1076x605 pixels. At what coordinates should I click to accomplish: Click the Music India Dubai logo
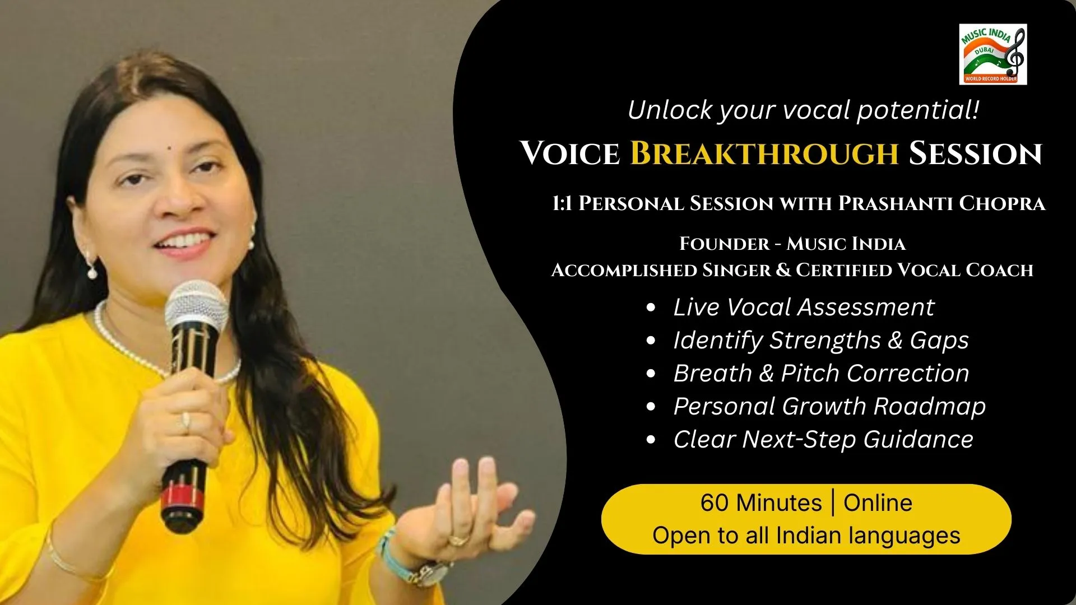click(992, 54)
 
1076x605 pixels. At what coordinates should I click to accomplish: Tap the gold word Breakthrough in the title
click(764, 153)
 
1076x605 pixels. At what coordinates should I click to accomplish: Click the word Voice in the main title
click(570, 153)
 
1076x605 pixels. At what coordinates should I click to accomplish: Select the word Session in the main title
click(975, 153)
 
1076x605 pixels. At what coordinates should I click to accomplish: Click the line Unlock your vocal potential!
click(804, 110)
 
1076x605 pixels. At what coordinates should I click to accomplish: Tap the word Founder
click(725, 244)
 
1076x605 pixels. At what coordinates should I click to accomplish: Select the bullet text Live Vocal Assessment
click(804, 307)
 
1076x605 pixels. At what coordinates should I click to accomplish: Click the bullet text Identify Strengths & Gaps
click(821, 341)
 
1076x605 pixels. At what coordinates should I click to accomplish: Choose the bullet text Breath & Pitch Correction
click(821, 373)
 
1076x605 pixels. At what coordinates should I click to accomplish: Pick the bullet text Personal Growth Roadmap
click(829, 407)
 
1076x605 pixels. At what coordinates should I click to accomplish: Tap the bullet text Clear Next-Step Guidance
click(823, 439)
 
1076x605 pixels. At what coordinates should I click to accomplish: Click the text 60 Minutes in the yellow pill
click(760, 502)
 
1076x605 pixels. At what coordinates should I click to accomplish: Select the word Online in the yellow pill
click(878, 502)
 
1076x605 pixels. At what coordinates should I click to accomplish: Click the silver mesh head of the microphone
click(196, 309)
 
